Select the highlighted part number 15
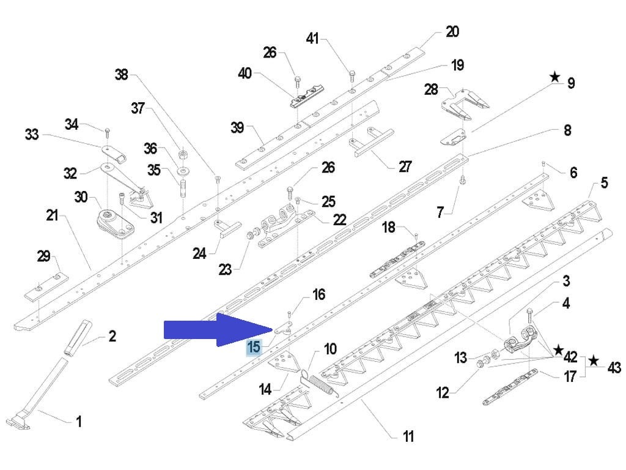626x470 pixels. tap(253, 347)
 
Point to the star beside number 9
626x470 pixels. tap(554, 77)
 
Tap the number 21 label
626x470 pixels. tap(52, 215)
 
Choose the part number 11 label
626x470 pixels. tap(408, 436)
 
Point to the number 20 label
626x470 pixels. tap(452, 31)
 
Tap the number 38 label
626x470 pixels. tap(121, 75)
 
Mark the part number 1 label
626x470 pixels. tap(78, 421)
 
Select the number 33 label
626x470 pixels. tap(31, 134)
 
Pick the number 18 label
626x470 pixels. tap(389, 228)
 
